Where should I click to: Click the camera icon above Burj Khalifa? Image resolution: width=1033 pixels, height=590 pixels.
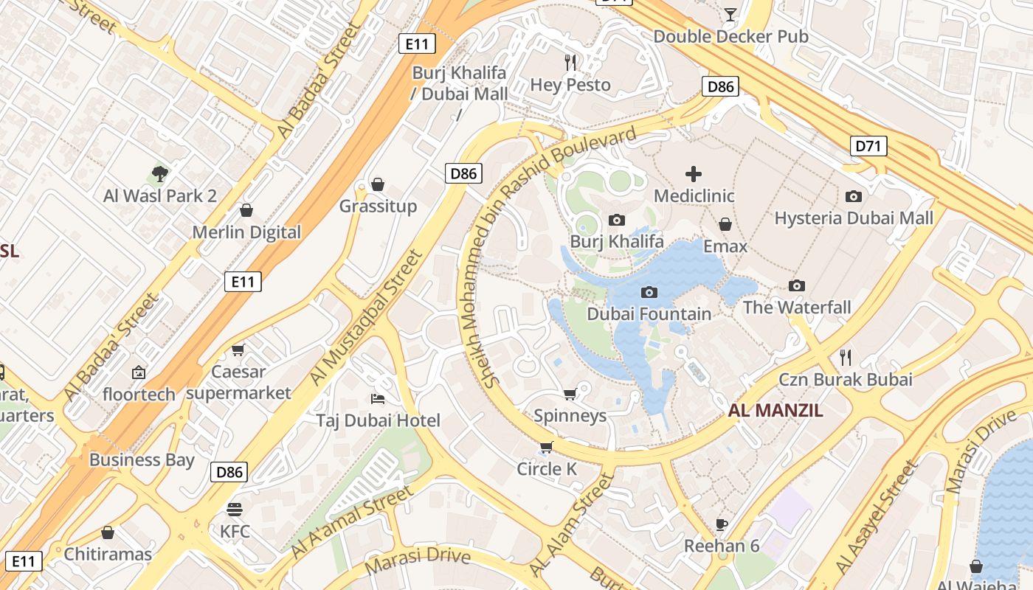[x=617, y=220]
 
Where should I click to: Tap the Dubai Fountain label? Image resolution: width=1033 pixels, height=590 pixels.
[x=649, y=313]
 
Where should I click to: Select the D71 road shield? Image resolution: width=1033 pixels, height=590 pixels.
[x=868, y=146]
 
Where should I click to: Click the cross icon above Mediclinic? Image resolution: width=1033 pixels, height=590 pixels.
[x=694, y=174]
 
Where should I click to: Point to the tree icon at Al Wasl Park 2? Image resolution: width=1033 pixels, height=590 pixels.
[x=159, y=174]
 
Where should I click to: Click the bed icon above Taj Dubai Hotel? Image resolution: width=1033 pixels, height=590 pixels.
[x=378, y=399]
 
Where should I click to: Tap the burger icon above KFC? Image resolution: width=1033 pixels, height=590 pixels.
[x=235, y=510]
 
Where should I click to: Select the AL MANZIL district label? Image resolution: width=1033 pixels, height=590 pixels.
[x=775, y=412]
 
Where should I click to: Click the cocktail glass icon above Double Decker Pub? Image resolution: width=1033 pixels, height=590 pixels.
[x=730, y=14]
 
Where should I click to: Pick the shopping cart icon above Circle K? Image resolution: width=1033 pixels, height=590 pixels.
[x=546, y=447]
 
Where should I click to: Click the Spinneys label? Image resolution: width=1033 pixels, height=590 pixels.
[x=570, y=415]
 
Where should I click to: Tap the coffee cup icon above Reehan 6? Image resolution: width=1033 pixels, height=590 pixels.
[x=722, y=524]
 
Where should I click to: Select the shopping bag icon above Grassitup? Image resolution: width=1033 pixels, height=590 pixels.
[x=378, y=184]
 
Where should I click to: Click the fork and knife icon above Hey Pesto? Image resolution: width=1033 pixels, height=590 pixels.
[x=570, y=63]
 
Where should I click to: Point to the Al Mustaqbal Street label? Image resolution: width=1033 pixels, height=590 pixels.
[x=366, y=317]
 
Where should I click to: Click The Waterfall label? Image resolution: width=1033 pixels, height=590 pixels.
[x=797, y=307]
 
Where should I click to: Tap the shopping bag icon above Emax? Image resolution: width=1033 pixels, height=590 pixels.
[x=725, y=224]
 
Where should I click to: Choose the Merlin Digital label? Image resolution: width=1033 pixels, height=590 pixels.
[x=246, y=232]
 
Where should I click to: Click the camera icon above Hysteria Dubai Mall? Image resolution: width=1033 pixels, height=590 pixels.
[x=854, y=196]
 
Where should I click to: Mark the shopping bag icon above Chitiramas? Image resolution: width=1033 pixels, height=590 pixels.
[x=108, y=532]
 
